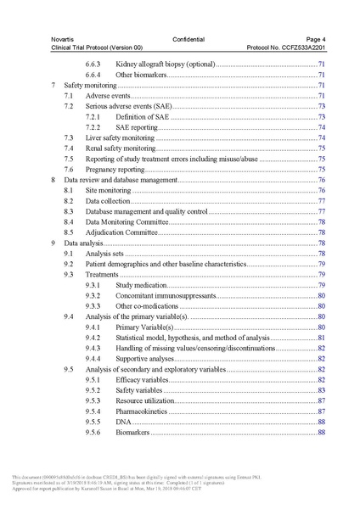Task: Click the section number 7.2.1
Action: [95, 116]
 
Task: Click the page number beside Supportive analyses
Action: [323, 359]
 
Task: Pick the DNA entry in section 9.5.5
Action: [123, 422]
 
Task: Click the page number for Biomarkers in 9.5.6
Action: [323, 432]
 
